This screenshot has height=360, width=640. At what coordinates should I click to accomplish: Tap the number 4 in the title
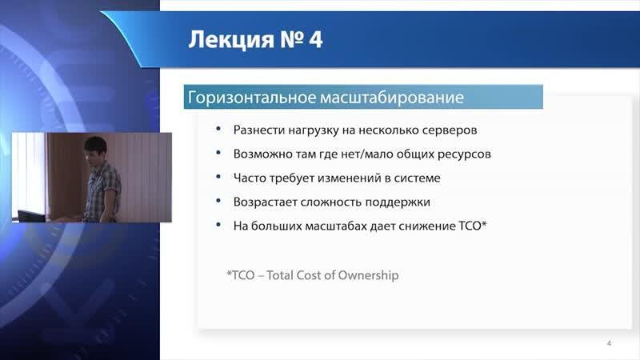315,39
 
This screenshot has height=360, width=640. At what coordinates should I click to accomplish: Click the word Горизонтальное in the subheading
252,98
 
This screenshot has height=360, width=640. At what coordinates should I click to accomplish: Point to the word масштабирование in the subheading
392,98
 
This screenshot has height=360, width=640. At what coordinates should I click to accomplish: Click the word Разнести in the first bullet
258,130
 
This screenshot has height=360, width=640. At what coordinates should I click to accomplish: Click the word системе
417,178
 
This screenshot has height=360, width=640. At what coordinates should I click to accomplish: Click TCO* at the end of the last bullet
472,226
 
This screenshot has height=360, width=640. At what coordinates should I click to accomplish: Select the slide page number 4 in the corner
609,343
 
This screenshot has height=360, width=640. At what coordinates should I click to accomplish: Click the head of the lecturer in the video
95,149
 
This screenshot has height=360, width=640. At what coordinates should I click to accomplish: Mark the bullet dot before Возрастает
218,201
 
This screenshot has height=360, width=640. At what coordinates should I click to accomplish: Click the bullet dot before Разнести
218,129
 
